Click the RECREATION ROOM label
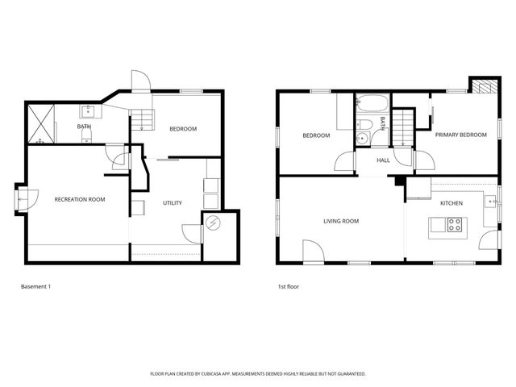pyautogui.click(x=80, y=199)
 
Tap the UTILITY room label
pyautogui.click(x=173, y=202)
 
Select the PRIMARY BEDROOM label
pyautogui.click(x=460, y=135)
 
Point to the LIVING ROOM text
pyautogui.click(x=341, y=220)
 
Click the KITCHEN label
pyautogui.click(x=451, y=203)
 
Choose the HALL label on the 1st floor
pyautogui.click(x=383, y=160)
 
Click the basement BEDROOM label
pyautogui.click(x=182, y=129)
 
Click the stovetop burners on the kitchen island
pyautogui.click(x=454, y=227)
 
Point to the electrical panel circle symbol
pyautogui.click(x=214, y=223)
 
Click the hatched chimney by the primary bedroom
pyautogui.click(x=482, y=86)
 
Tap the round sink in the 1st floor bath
pyautogui.click(x=363, y=139)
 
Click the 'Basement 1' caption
pyautogui.click(x=36, y=286)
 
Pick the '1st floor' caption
pyautogui.click(x=288, y=286)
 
